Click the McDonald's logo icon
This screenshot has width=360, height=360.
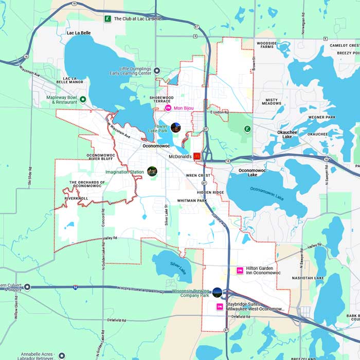click(x=196, y=157)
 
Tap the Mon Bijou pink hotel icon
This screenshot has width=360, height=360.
click(x=167, y=108)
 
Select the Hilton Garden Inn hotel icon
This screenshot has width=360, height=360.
click(x=239, y=271)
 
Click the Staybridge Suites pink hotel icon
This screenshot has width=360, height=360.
click(x=220, y=307)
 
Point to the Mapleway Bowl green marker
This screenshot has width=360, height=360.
click(x=82, y=99)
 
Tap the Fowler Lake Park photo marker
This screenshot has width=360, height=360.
click(x=175, y=127)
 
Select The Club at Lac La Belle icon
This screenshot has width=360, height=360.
click(x=107, y=19)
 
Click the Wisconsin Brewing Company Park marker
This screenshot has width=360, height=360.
click(x=217, y=293)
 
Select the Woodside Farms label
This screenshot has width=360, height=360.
click(x=266, y=45)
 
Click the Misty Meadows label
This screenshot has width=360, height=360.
click(x=272, y=102)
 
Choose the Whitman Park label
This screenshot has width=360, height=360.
click(x=191, y=200)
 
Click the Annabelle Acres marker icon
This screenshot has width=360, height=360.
click(x=62, y=355)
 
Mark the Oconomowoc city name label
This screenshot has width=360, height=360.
click(x=156, y=146)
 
